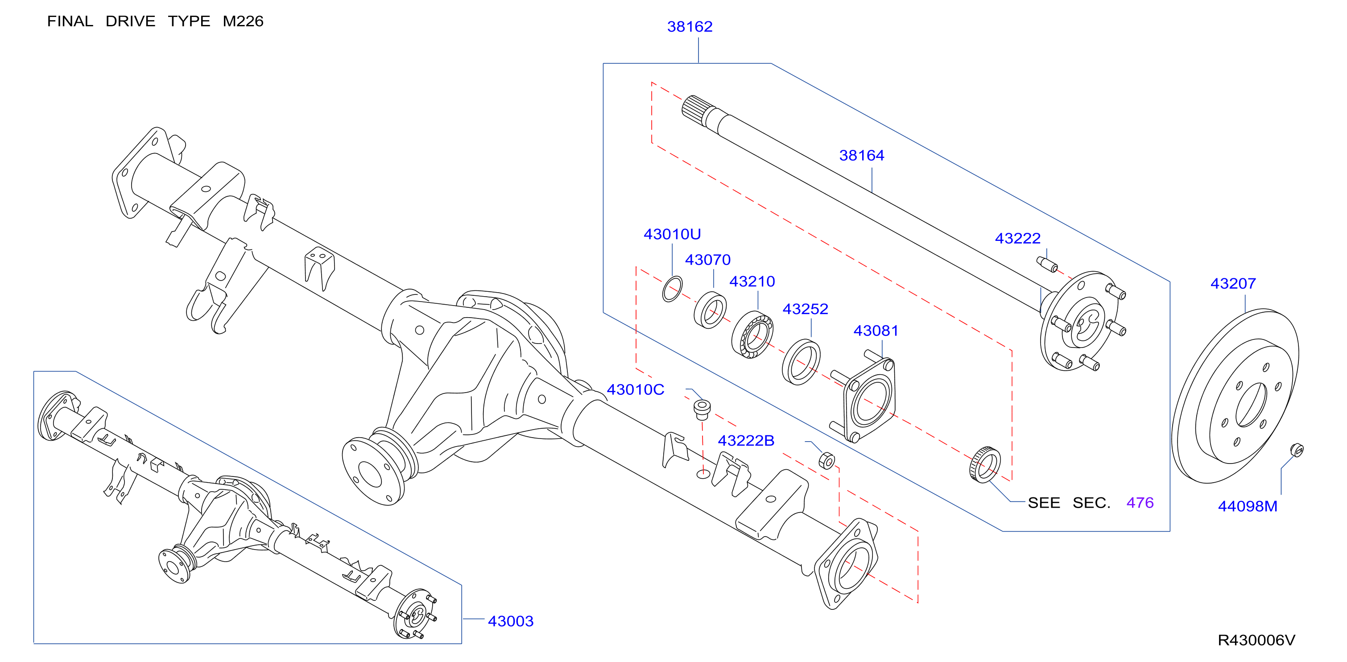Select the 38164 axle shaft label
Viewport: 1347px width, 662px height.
click(861, 155)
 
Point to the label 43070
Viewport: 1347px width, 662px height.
click(707, 260)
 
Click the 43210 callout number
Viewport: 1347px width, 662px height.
click(752, 281)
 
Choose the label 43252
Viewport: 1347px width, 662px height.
click(805, 309)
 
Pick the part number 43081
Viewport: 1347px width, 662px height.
click(876, 331)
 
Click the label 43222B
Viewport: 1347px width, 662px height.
click(746, 441)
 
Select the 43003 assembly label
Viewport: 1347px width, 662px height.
click(510, 621)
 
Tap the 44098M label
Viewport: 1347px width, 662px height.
click(1247, 506)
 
